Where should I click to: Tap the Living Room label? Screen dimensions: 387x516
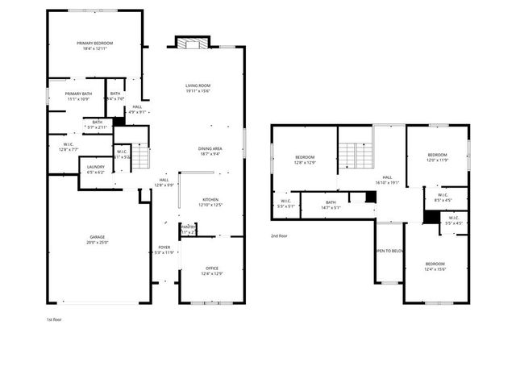[198, 88]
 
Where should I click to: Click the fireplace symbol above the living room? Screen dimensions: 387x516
[193, 44]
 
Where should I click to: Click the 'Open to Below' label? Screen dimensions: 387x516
[389, 251]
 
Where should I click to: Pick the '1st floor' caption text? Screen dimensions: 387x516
[55, 320]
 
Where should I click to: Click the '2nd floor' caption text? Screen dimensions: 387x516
[280, 235]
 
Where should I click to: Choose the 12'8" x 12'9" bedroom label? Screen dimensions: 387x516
[305, 160]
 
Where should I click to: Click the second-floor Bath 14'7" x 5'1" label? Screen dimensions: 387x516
[331, 205]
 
